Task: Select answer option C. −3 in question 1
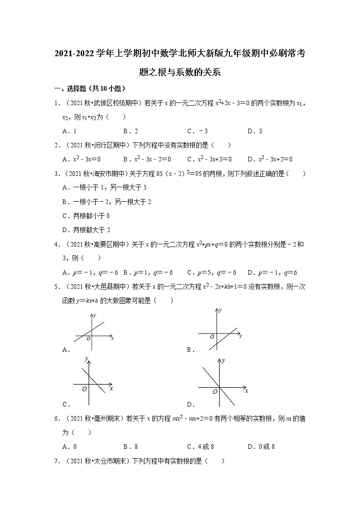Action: pyautogui.click(x=197, y=131)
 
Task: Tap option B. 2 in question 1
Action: pyautogui.click(x=131, y=131)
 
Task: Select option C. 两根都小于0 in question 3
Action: pyautogui.click(x=87, y=216)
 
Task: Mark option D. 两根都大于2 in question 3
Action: pyautogui.click(x=87, y=230)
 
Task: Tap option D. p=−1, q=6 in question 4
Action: pyautogui.click(x=272, y=272)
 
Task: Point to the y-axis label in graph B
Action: pyautogui.click(x=220, y=310)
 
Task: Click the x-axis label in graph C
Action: pyautogui.click(x=111, y=388)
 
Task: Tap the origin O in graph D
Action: pyautogui.click(x=215, y=392)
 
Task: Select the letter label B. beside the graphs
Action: pyautogui.click(x=190, y=349)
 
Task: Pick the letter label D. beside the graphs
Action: pyautogui.click(x=190, y=404)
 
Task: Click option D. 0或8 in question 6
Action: pyautogui.click(x=262, y=446)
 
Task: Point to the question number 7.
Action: pyautogui.click(x=56, y=461)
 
